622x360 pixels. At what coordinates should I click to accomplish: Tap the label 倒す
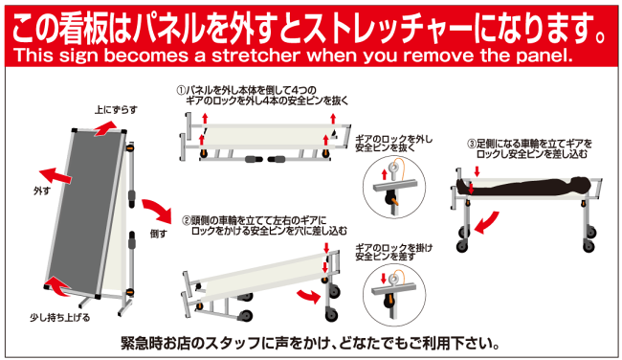click(159, 233)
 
